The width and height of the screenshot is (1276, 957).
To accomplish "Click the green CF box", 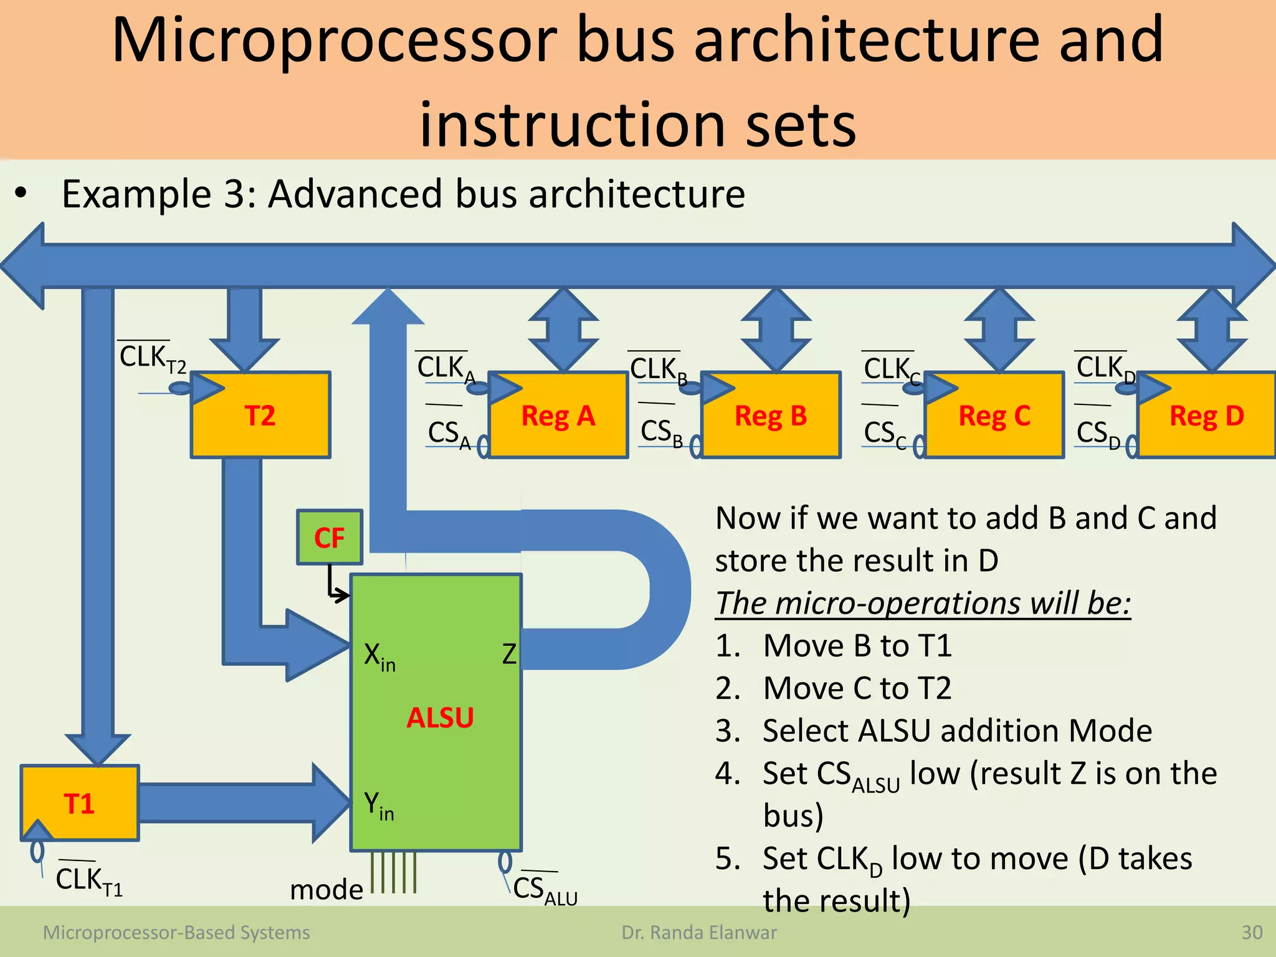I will (x=329, y=537).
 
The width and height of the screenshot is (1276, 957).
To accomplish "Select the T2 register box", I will (x=260, y=416).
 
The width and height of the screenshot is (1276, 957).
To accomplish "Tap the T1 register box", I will (x=80, y=803).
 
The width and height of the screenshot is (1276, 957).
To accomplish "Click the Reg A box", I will (x=558, y=416).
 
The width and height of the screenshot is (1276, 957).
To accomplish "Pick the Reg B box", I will (x=771, y=416).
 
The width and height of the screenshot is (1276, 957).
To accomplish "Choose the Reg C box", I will (x=994, y=416).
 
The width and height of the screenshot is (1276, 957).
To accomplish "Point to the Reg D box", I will (x=1206, y=416).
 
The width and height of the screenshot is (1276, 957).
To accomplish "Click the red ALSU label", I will (x=440, y=718).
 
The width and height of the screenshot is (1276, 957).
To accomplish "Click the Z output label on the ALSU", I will (x=509, y=654).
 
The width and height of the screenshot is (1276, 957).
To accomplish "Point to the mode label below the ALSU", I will (x=326, y=889).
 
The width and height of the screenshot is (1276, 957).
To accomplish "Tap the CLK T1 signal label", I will (x=88, y=880).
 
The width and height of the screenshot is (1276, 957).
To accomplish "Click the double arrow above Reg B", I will (x=776, y=330).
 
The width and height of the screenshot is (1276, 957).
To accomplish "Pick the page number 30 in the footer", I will (x=1252, y=933).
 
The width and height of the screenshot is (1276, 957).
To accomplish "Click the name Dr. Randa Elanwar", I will (x=699, y=933).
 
